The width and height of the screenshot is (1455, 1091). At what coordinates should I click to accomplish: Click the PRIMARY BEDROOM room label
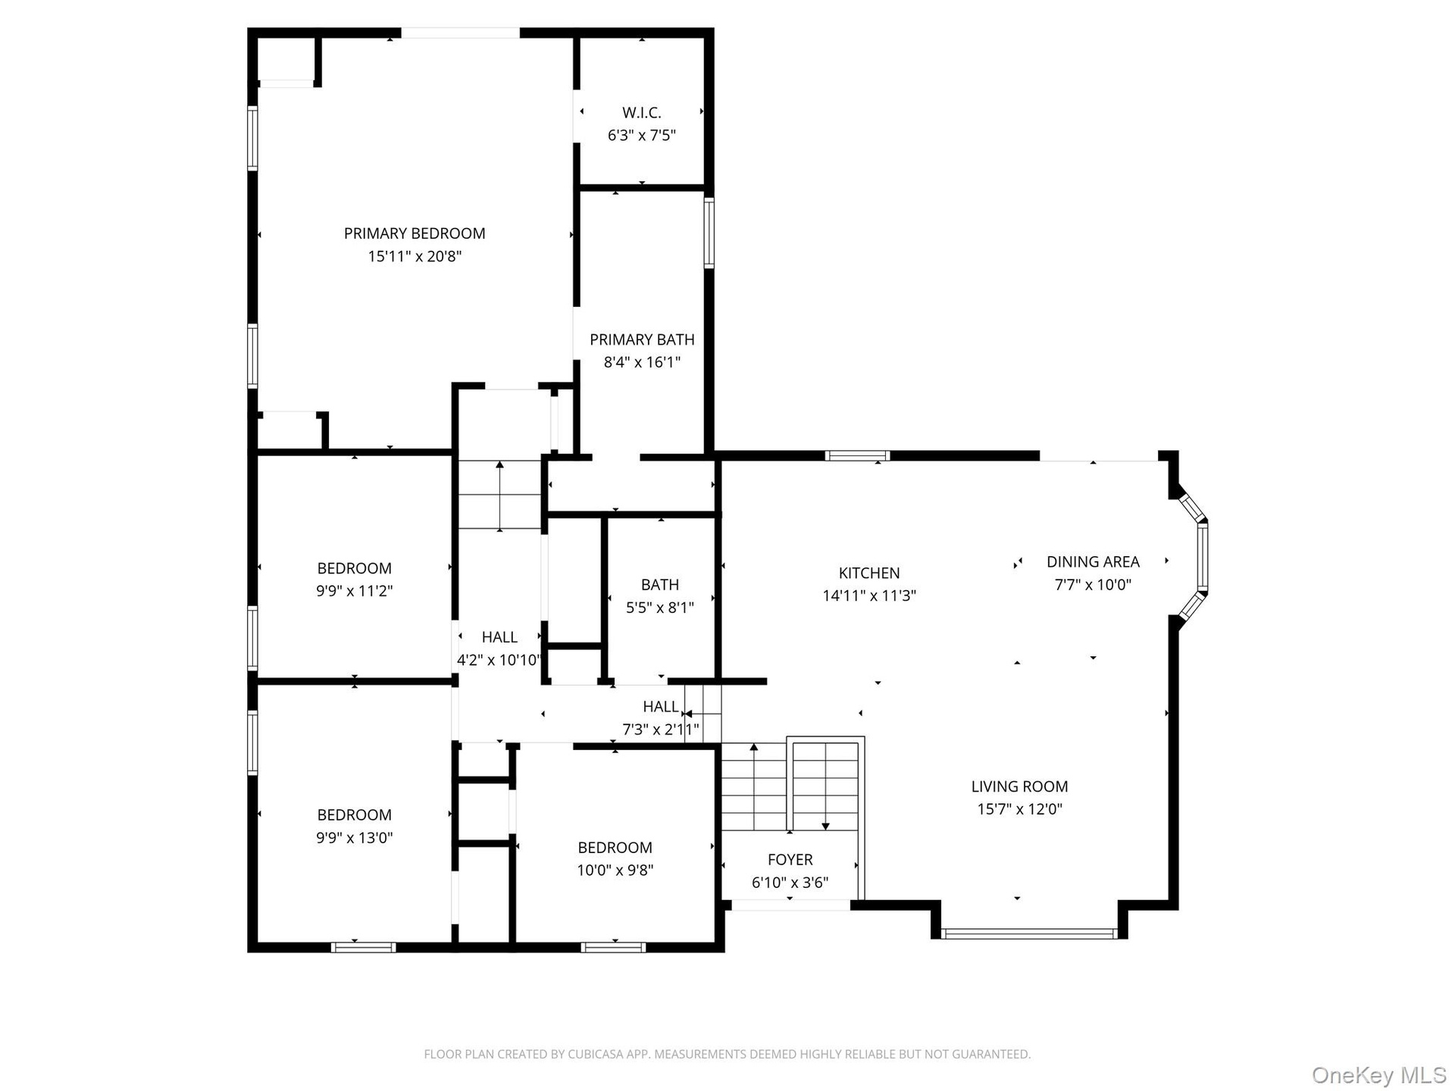pyautogui.click(x=415, y=233)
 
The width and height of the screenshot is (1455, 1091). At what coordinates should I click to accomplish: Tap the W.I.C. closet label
pyautogui.click(x=642, y=113)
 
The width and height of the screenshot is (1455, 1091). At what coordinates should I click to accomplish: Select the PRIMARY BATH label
pyautogui.click(x=642, y=339)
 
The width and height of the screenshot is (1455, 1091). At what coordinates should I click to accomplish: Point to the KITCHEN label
pyautogui.click(x=869, y=573)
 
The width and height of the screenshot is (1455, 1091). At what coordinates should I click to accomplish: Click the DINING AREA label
pyautogui.click(x=1093, y=561)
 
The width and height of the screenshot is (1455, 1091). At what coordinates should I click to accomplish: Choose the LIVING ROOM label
pyautogui.click(x=1019, y=786)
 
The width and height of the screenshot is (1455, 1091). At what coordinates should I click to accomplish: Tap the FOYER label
pyautogui.click(x=790, y=859)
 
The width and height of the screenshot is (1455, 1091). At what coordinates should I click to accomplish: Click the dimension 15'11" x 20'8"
pyautogui.click(x=415, y=256)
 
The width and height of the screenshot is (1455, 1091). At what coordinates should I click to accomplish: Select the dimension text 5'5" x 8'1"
pyautogui.click(x=659, y=607)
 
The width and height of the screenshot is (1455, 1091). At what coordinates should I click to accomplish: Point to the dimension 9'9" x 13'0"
pyautogui.click(x=354, y=837)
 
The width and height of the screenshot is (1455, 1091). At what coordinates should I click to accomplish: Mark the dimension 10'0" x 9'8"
pyautogui.click(x=615, y=870)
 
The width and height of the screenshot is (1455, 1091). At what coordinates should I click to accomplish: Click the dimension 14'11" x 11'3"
pyautogui.click(x=869, y=596)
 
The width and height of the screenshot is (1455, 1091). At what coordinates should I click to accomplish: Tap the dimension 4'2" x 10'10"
pyautogui.click(x=499, y=660)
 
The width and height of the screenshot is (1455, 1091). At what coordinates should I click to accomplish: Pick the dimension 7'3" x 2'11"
pyautogui.click(x=660, y=730)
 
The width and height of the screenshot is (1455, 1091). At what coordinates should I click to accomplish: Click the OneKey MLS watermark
pyautogui.click(x=1379, y=1075)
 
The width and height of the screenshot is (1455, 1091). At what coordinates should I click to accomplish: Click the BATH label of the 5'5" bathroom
pyautogui.click(x=659, y=584)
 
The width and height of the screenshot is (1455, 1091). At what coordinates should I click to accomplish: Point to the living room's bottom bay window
pyautogui.click(x=1030, y=933)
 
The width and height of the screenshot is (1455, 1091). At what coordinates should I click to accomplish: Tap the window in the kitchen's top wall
pyautogui.click(x=857, y=455)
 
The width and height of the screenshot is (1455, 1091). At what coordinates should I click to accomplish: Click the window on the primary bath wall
pyautogui.click(x=709, y=233)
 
